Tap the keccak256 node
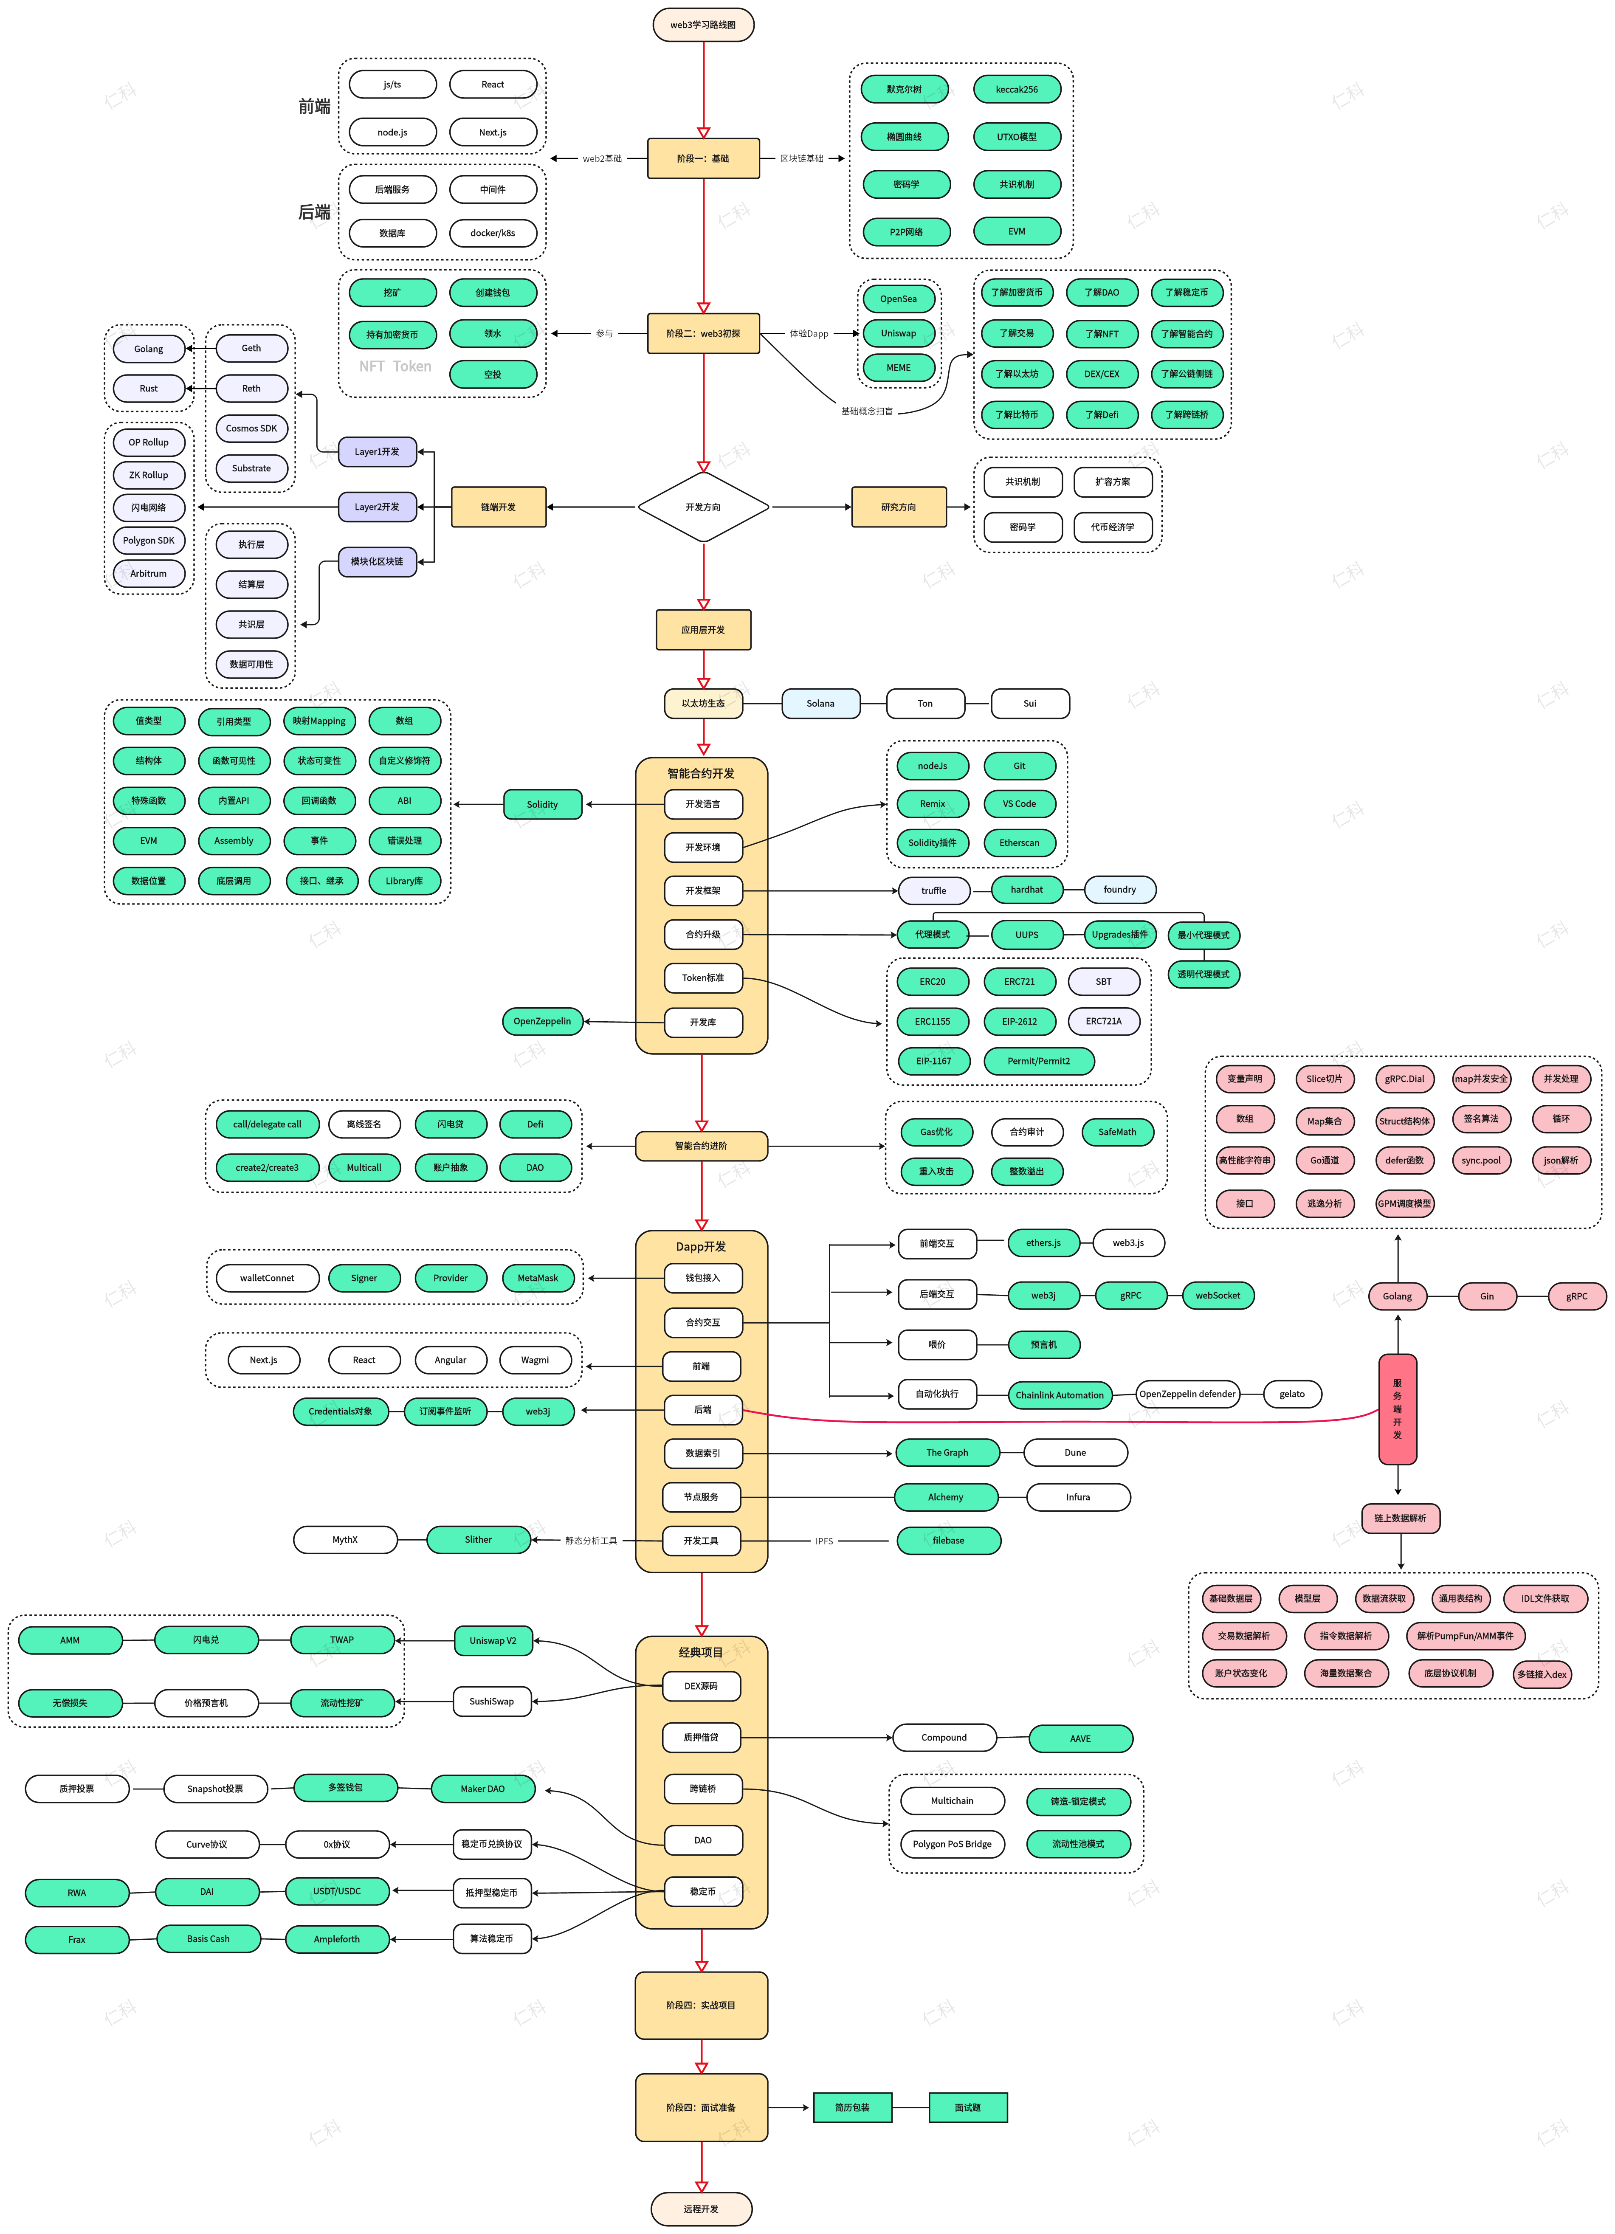pyautogui.click(x=1017, y=90)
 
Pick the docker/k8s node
pyautogui.click(x=493, y=234)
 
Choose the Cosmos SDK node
pyautogui.click(x=251, y=428)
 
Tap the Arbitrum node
pyautogui.click(x=149, y=573)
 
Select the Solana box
pyautogui.click(x=821, y=703)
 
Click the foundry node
pyautogui.click(x=1119, y=890)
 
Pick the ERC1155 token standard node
pyautogui.click(x=932, y=1021)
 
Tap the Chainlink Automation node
pyautogui.click(x=1059, y=1395)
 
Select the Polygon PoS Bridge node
pyautogui.click(x=952, y=1844)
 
